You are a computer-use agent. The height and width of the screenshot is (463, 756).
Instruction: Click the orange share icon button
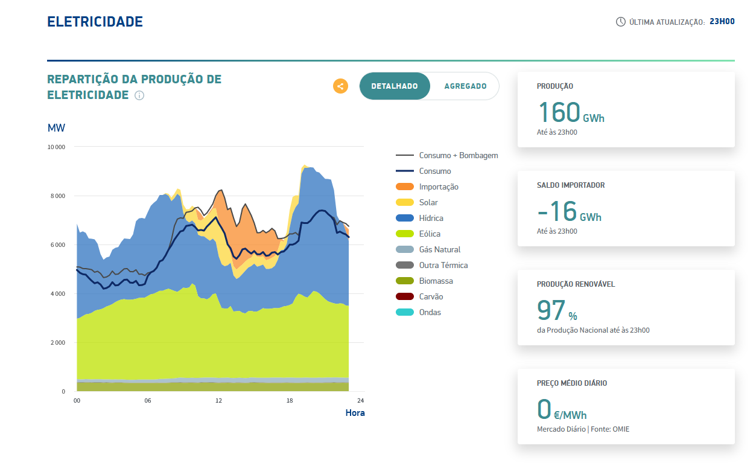[340, 86]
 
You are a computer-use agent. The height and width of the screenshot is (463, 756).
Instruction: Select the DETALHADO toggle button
[395, 86]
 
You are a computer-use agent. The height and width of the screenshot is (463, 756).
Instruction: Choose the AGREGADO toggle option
[465, 86]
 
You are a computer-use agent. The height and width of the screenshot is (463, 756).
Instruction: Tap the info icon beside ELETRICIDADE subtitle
[139, 95]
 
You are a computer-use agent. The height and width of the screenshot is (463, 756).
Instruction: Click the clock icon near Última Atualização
[620, 22]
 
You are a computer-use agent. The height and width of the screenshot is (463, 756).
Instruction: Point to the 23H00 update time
[722, 22]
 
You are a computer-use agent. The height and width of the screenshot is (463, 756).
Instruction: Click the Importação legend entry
[439, 187]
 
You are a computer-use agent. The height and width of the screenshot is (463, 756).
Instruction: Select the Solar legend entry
[428, 203]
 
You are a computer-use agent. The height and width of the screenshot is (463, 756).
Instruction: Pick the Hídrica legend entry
[431, 219]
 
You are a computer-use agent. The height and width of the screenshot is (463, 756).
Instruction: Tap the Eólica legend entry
[430, 234]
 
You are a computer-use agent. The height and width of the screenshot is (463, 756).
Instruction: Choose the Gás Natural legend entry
[439, 250]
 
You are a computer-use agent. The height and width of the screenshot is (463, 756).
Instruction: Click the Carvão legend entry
[431, 297]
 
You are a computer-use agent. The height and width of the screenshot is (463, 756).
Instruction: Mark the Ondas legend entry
[430, 313]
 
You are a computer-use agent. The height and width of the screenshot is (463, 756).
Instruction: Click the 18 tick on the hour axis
[290, 401]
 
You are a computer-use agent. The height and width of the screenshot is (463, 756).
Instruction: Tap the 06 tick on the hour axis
[148, 401]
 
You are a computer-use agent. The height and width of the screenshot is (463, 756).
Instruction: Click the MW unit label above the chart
[56, 128]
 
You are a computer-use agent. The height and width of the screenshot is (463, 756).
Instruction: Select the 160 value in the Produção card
[559, 112]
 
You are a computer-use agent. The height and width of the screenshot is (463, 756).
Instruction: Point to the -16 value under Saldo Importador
[556, 211]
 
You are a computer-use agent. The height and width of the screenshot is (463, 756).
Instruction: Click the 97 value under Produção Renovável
[551, 310]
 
